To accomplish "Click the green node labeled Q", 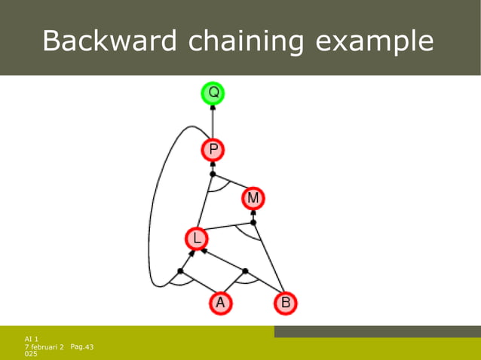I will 213,93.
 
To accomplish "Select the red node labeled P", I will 213,150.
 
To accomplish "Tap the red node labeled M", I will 253,198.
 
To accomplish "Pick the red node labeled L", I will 196,239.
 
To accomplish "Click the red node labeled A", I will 220,304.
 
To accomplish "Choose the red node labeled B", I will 285,304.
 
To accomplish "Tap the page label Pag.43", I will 81,346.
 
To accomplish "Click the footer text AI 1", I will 32,340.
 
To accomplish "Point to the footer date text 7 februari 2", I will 44,346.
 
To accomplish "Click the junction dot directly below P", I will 213,174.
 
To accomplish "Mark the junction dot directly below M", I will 253,222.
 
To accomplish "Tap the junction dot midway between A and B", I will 245,270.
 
